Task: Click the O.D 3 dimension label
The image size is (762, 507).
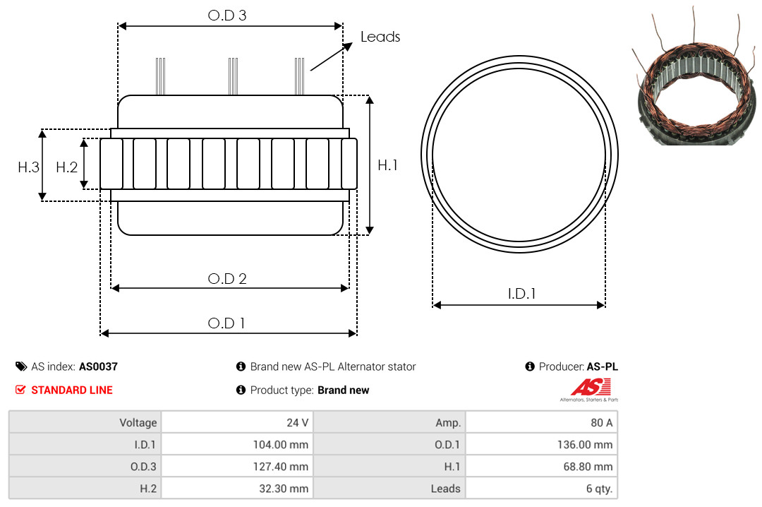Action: point(227,15)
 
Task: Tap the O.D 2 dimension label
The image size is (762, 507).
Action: point(227,279)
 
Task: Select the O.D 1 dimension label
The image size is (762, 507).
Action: point(226,323)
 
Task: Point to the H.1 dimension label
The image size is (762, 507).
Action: point(387,165)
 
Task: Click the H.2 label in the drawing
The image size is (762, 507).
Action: point(66,167)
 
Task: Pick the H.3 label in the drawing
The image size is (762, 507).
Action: point(28,167)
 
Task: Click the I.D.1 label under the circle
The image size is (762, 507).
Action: point(521,294)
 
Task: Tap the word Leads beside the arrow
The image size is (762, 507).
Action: point(380,37)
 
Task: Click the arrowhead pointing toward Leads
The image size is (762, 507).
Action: point(347,46)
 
